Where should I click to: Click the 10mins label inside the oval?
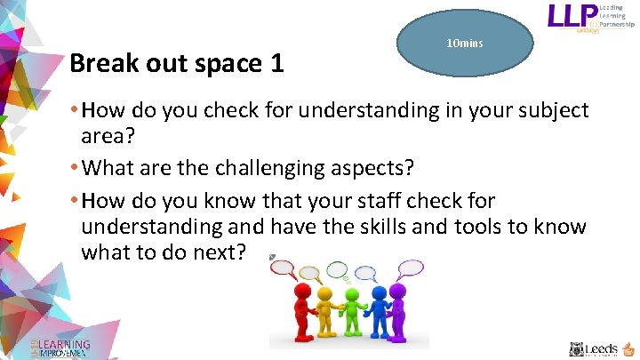(x=464, y=44)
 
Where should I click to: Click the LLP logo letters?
(x=574, y=17)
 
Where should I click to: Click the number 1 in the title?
(x=277, y=64)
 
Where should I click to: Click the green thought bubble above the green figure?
(x=339, y=268)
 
